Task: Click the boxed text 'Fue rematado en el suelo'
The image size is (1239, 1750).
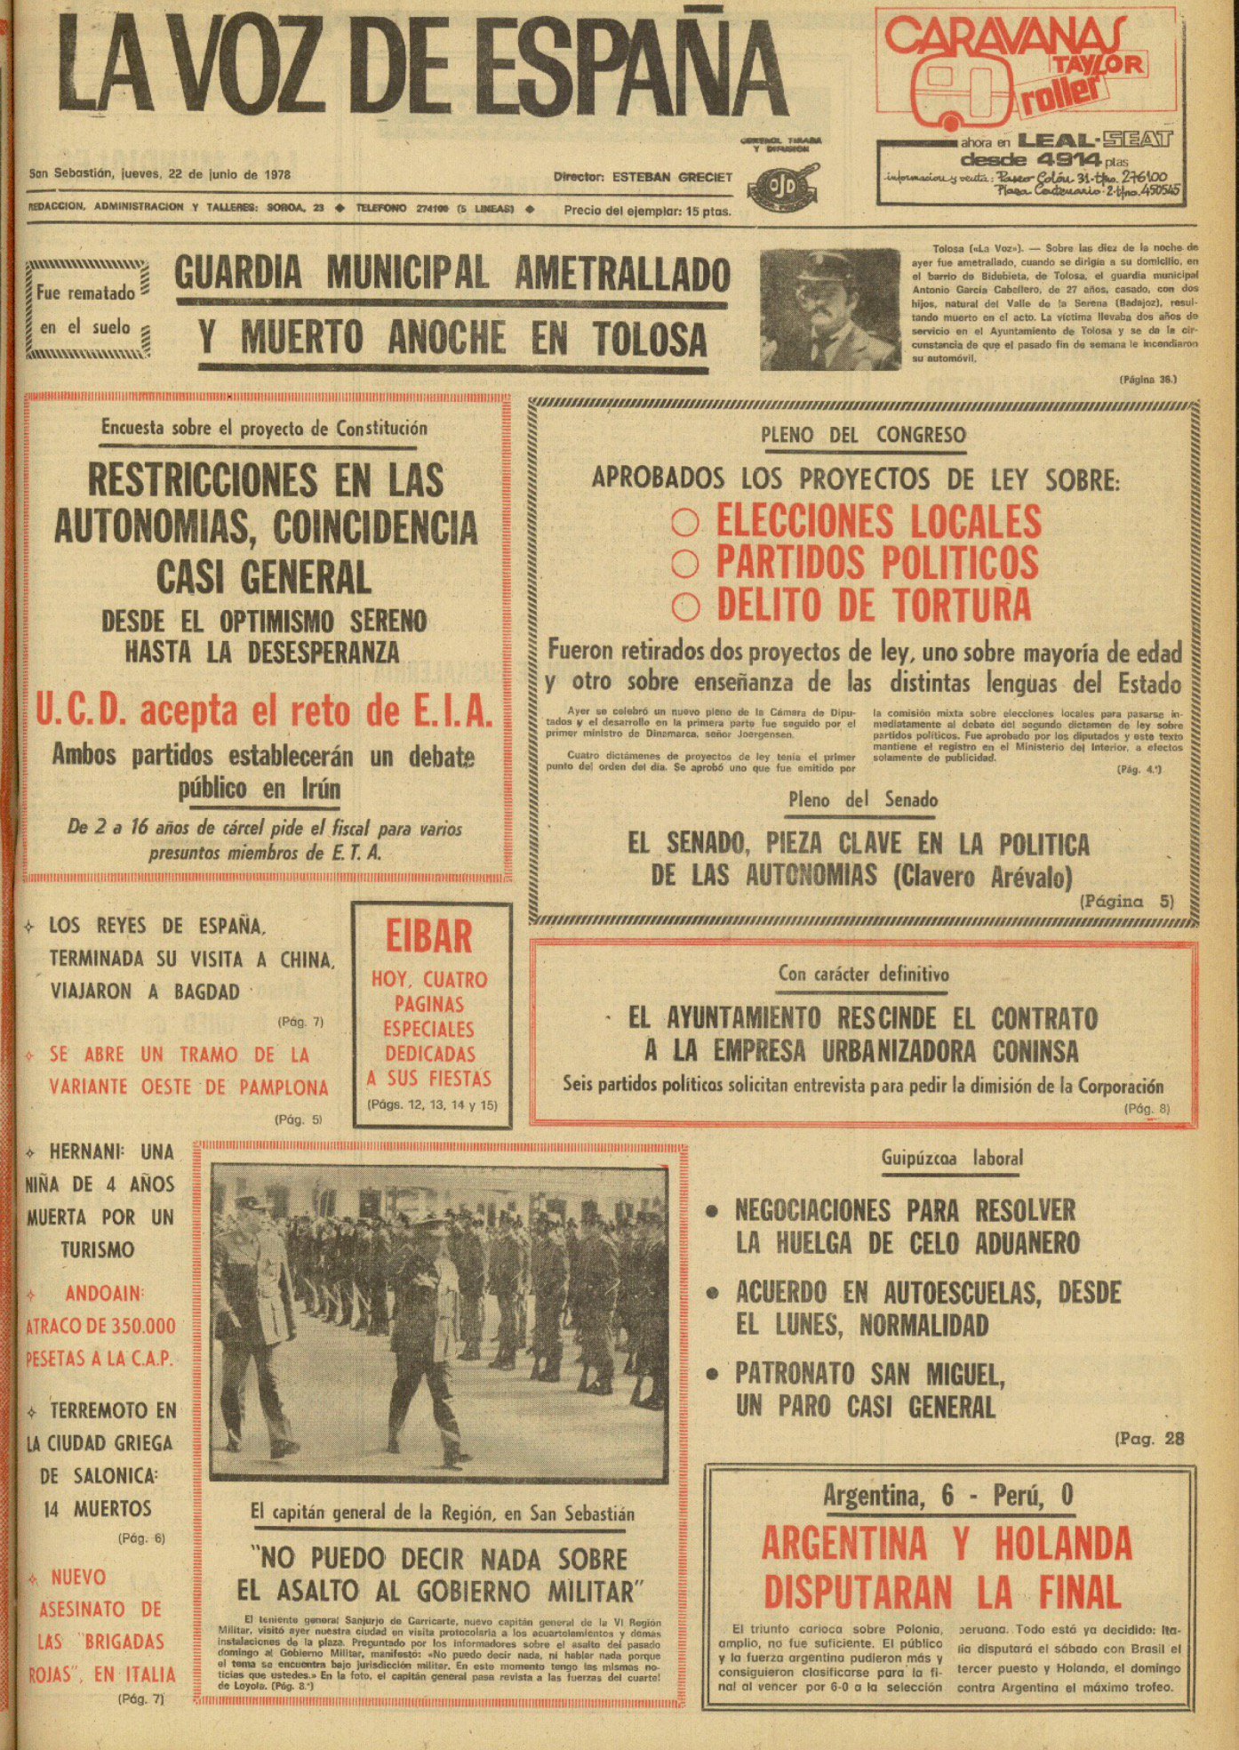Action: pos(86,309)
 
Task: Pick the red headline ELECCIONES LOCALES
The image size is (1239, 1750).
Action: pos(878,521)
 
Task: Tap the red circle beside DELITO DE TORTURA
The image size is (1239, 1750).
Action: pos(685,606)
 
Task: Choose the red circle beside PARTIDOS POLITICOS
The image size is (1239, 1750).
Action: pos(684,563)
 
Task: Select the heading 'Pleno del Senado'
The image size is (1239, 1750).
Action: pos(862,799)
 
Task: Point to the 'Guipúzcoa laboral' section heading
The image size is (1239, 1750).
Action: pos(952,1158)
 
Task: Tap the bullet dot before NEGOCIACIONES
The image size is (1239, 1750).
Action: pos(712,1211)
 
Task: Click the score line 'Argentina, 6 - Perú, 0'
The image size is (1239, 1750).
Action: pos(947,1496)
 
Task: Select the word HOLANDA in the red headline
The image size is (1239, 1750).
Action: pos(1063,1545)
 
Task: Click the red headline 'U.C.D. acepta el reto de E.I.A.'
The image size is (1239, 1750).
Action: pos(264,711)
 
